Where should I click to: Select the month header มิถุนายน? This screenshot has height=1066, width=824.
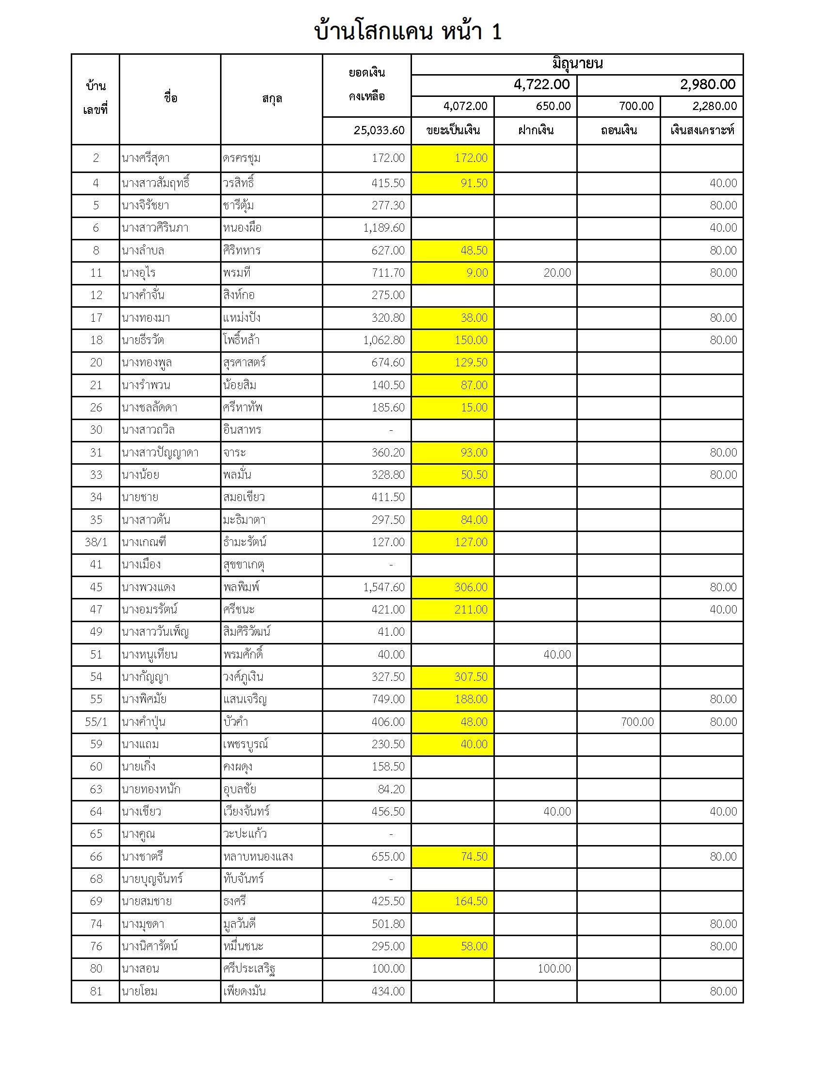(577, 64)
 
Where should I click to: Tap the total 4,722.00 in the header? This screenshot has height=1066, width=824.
(541, 85)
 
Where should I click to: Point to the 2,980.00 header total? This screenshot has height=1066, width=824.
(707, 85)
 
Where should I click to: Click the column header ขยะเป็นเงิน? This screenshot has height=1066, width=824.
(453, 130)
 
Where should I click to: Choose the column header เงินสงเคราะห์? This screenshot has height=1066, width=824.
(701, 130)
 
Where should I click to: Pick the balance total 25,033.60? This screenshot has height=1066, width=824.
(379, 130)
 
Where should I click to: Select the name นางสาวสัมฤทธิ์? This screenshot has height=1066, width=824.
(156, 184)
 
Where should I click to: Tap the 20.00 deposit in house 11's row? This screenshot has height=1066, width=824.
(557, 273)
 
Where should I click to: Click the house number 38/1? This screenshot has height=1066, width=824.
(95, 542)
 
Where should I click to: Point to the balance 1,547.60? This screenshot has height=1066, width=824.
(384, 587)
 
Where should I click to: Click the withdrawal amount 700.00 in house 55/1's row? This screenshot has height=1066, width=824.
(637, 722)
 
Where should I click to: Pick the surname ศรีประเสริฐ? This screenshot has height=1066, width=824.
(249, 969)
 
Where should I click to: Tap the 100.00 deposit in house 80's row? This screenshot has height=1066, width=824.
(554, 969)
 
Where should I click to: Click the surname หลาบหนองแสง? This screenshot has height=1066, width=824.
(258, 857)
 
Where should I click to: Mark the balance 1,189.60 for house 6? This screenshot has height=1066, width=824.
(384, 228)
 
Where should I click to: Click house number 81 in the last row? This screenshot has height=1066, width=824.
(95, 991)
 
